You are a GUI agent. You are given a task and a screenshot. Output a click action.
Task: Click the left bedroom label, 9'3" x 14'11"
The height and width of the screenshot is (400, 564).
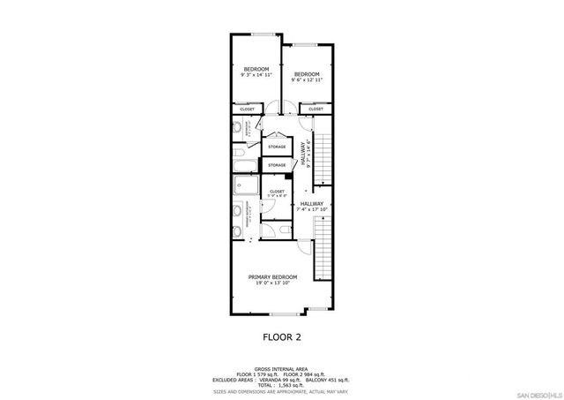[256, 72]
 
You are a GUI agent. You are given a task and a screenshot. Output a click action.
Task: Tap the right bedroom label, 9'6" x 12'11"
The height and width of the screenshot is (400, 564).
[306, 77]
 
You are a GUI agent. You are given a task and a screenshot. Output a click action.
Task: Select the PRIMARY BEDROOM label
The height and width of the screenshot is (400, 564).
[272, 279]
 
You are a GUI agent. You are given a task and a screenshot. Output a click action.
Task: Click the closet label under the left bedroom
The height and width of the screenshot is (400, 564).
[247, 109]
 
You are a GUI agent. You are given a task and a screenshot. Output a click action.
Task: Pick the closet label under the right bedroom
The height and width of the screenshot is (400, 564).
[315, 109]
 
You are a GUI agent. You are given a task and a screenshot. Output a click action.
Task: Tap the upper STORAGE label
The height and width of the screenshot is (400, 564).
[277, 147]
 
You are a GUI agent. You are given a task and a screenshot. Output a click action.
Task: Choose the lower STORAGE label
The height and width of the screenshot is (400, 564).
[277, 165]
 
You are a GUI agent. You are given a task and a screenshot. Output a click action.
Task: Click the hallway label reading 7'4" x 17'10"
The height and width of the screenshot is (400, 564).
[311, 206]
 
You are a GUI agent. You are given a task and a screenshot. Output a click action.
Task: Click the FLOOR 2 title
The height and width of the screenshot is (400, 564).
[282, 336]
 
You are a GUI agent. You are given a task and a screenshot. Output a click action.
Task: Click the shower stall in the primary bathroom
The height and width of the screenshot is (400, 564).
[245, 186]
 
